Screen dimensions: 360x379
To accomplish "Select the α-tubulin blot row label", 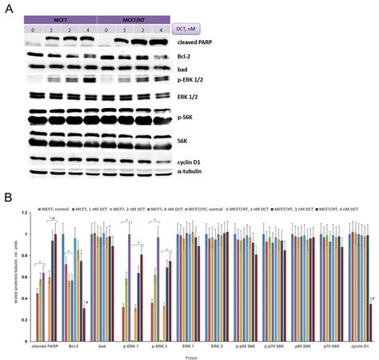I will click(189, 170).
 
